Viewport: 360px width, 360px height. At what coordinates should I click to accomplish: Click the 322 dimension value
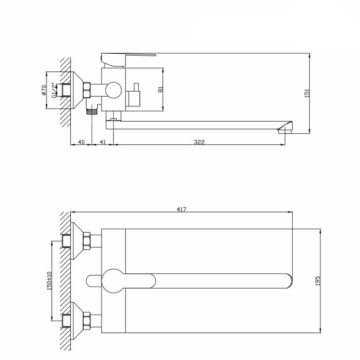(x=199, y=142)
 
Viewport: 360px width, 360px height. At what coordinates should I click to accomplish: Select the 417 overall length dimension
(x=181, y=209)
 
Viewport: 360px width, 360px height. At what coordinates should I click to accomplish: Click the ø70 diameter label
(x=44, y=90)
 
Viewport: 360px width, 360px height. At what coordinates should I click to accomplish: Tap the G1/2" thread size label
(x=54, y=90)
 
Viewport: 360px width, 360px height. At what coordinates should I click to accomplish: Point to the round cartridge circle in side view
(x=112, y=90)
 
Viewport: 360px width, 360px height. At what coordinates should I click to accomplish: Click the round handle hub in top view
(x=113, y=280)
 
